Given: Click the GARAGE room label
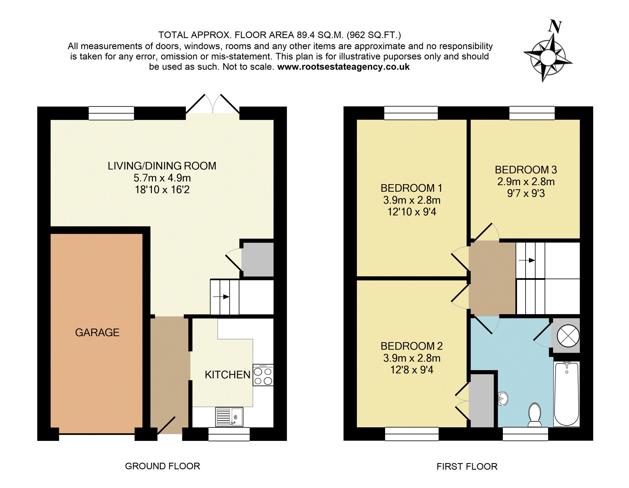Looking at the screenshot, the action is click(97, 332).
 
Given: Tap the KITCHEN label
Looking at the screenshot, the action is click(227, 375).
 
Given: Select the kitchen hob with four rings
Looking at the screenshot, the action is click(263, 375).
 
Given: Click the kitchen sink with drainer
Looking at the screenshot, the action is click(229, 417).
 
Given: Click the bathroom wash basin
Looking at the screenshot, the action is click(503, 399).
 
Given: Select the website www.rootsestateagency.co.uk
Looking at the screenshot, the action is click(343, 67).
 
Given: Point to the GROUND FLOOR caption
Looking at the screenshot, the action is click(162, 466).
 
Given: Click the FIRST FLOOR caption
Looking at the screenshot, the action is click(467, 466).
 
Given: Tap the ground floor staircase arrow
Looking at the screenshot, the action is click(221, 296).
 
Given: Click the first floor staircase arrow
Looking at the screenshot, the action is click(527, 260).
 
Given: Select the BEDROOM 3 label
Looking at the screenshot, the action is click(526, 170).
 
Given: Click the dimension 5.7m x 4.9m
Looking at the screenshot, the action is click(162, 178).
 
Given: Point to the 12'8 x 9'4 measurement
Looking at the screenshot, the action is click(412, 370).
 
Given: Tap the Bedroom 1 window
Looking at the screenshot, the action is click(411, 113).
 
